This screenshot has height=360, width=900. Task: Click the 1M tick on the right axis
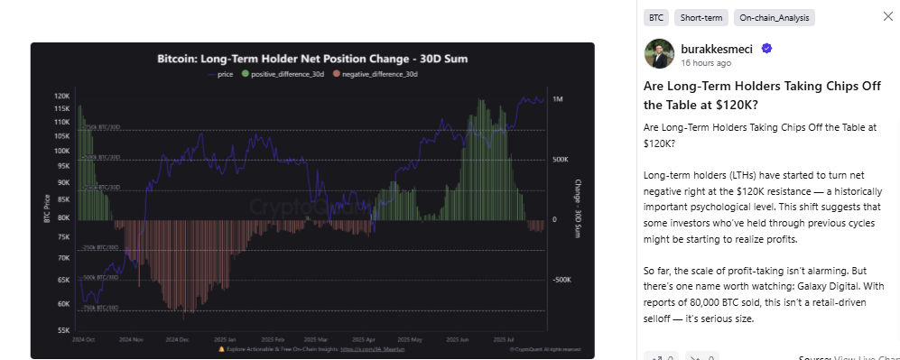[558, 99]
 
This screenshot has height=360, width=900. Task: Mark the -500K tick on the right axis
[561, 280]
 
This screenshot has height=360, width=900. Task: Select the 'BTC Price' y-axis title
[45, 213]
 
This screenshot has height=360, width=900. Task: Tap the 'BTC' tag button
[657, 17]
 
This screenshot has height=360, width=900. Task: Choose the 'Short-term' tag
[702, 17]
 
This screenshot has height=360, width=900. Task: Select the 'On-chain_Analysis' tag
[774, 17]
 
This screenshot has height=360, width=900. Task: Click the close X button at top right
[886, 16]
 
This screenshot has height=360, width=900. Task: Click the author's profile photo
[659, 54]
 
